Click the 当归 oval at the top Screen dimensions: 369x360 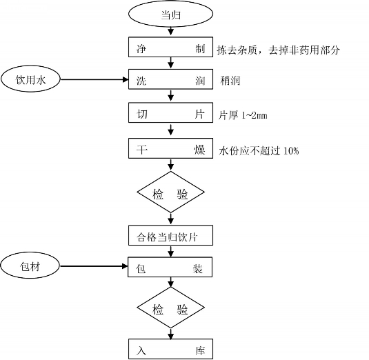[170, 14]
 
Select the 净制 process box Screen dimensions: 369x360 [170, 47]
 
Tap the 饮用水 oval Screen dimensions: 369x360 [30, 79]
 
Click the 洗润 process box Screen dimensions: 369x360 [170, 79]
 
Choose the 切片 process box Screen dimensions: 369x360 [170, 112]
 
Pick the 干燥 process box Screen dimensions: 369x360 [170, 148]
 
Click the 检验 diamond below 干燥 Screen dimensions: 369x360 [170, 192]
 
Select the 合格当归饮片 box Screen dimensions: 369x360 [170, 235]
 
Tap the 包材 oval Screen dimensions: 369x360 [30, 266]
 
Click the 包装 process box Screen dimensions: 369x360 [170, 267]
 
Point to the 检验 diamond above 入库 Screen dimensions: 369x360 [170, 308]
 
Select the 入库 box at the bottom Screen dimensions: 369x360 [170, 349]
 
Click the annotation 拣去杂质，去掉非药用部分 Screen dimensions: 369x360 [278, 50]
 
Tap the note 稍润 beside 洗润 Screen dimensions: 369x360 [230, 81]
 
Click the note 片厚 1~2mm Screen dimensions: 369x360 [243, 115]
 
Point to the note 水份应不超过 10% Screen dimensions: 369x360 [259, 150]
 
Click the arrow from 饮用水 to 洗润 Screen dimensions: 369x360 [94, 79]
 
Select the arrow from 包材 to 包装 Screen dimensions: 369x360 [94, 266]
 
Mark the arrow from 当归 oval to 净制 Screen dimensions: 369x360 [171, 31]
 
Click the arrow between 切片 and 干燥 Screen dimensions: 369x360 [171, 130]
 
